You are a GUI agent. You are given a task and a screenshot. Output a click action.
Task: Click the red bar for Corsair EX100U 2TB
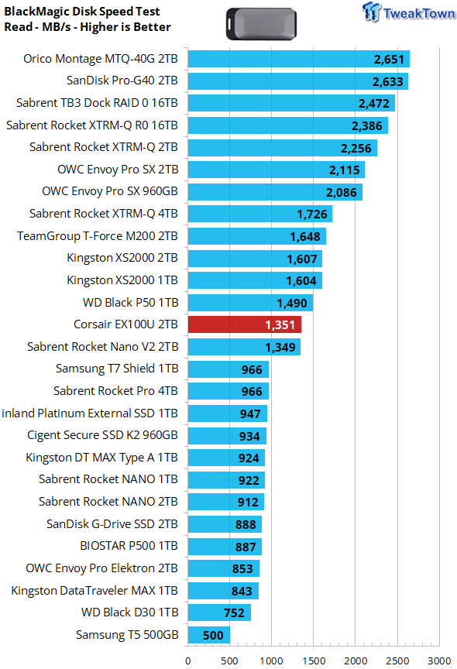[x=245, y=324]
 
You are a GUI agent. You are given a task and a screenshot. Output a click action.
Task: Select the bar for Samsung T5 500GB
[x=208, y=635]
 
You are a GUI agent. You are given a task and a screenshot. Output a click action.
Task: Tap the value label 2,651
[x=389, y=60]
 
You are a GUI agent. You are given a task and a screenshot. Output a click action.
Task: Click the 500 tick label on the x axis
[x=229, y=661]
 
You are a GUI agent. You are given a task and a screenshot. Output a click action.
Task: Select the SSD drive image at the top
[x=261, y=24]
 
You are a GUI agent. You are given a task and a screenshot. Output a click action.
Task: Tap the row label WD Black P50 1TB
[x=131, y=303]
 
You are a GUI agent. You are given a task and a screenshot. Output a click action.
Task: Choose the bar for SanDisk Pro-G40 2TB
[x=298, y=81]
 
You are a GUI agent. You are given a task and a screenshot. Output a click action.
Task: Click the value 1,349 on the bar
[x=280, y=348]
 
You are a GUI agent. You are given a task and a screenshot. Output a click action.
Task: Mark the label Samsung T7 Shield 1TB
[x=117, y=369]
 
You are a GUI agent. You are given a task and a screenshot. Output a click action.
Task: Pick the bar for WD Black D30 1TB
[x=219, y=612]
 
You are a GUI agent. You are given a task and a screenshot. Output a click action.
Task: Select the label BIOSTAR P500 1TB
[x=129, y=546]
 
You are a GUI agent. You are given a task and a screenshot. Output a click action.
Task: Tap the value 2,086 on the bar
[x=342, y=193]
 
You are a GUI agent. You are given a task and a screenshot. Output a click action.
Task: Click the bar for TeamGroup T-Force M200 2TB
[x=257, y=236]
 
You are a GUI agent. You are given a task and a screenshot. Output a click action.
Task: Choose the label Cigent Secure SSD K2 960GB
[x=102, y=435]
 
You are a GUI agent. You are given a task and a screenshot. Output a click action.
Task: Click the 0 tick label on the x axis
[x=187, y=661]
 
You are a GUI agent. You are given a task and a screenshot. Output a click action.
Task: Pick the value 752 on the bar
[x=234, y=613]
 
